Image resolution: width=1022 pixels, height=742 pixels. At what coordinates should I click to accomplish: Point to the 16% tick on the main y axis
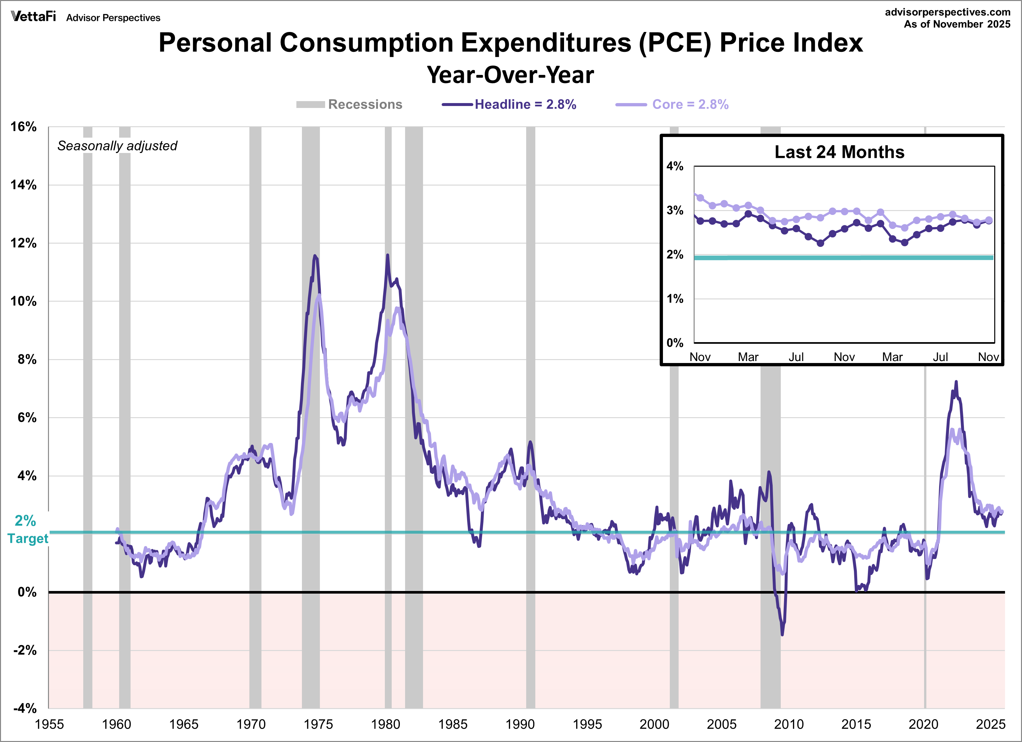(24, 127)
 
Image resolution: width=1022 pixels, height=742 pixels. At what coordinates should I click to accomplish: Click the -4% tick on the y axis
(25, 708)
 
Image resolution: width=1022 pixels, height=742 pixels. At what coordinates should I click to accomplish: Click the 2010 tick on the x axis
(789, 724)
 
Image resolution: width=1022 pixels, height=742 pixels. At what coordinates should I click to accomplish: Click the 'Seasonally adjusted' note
(117, 146)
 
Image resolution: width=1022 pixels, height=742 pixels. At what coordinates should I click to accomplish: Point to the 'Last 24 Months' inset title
(839, 152)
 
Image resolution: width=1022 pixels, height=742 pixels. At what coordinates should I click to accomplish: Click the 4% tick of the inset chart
(675, 167)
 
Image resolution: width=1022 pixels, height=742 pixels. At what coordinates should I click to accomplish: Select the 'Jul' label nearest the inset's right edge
(940, 357)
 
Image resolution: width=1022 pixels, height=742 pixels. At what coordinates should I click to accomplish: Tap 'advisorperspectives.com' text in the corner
(947, 12)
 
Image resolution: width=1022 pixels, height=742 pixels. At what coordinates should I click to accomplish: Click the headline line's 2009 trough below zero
(782, 634)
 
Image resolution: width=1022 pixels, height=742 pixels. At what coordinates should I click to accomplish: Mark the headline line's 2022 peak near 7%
(956, 382)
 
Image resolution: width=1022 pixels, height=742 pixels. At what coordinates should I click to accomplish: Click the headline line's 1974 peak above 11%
(315, 256)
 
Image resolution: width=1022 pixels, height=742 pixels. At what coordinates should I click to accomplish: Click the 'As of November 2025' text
(957, 24)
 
